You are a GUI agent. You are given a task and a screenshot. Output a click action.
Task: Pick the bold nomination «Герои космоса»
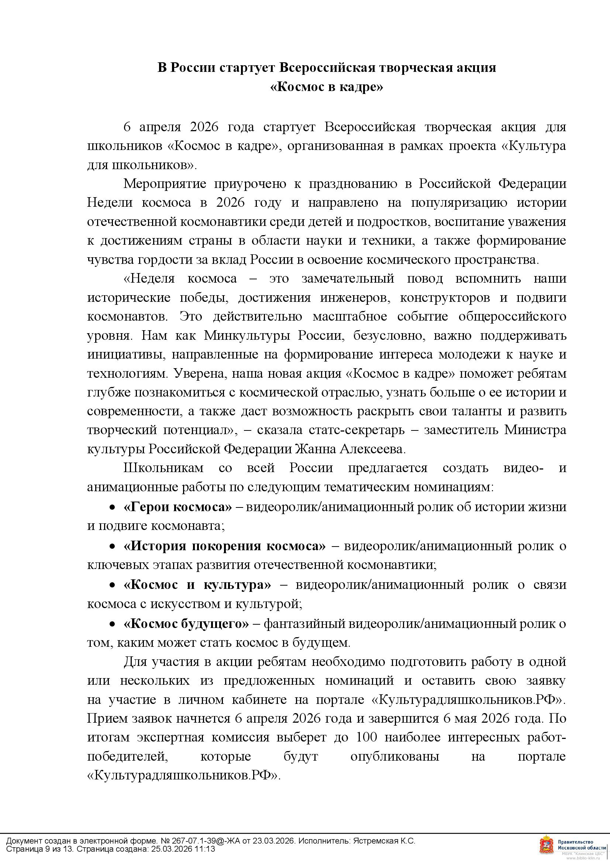point(178,507)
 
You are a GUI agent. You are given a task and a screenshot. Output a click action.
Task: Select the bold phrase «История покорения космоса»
point(224,545)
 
